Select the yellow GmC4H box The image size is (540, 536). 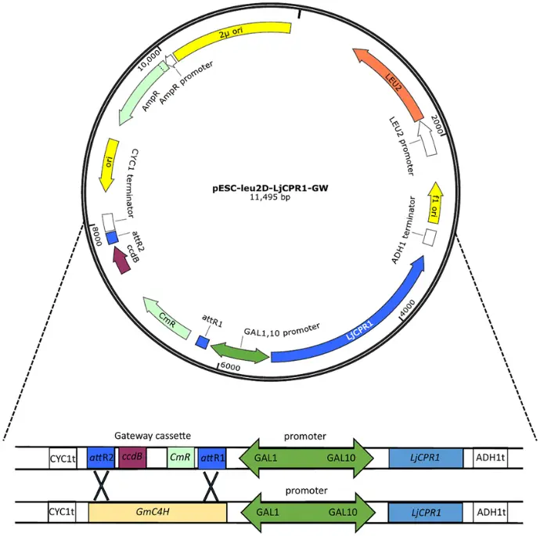[157, 512]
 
